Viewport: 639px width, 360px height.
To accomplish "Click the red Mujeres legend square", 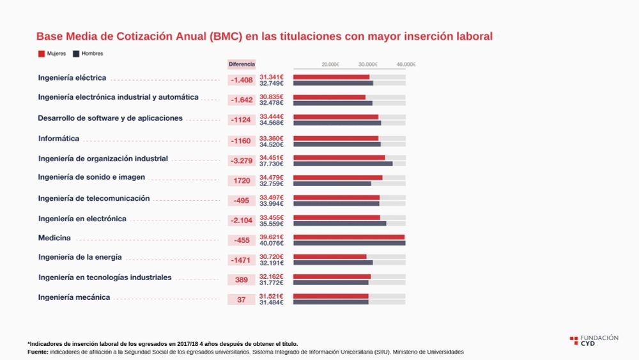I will [42, 54].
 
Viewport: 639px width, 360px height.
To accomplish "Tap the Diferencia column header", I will [242, 64].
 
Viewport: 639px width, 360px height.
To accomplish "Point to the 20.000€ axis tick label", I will [330, 65].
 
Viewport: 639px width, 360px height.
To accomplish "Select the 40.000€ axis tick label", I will [406, 65].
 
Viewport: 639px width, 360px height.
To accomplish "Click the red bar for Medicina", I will [348, 237].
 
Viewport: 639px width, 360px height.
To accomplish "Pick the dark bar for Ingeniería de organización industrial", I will [343, 164].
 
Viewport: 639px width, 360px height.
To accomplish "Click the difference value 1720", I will [242, 180].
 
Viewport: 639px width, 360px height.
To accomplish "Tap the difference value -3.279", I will [242, 160].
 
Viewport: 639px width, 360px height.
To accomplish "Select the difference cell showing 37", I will [242, 300].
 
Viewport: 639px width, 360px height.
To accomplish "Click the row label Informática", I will [59, 139].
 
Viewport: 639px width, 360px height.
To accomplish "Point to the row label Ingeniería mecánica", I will [74, 297].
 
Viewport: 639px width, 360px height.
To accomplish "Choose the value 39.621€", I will [272, 237].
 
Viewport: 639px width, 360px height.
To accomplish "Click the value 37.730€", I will [272, 164].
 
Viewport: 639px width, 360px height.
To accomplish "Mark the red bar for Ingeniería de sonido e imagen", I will [337, 178].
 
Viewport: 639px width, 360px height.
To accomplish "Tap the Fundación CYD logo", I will [594, 340].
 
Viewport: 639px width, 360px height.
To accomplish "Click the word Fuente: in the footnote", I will [38, 352].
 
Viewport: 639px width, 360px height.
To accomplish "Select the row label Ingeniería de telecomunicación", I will [94, 198].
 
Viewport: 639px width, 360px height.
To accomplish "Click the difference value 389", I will [242, 280].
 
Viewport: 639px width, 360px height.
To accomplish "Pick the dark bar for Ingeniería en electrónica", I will [339, 223].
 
